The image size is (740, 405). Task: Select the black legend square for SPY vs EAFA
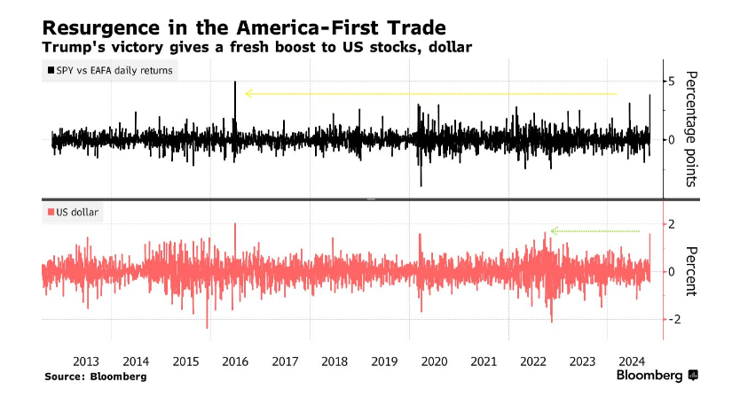point(48,70)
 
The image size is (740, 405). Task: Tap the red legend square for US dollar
point(48,213)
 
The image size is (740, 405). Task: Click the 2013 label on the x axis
point(86,362)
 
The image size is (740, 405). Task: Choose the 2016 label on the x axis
point(235,362)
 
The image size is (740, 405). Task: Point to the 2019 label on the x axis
point(384,362)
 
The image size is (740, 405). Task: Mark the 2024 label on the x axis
point(633,362)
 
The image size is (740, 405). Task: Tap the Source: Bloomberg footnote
point(96,377)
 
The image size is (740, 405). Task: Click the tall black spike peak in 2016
point(235,82)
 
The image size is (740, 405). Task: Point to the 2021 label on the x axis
point(484,362)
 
